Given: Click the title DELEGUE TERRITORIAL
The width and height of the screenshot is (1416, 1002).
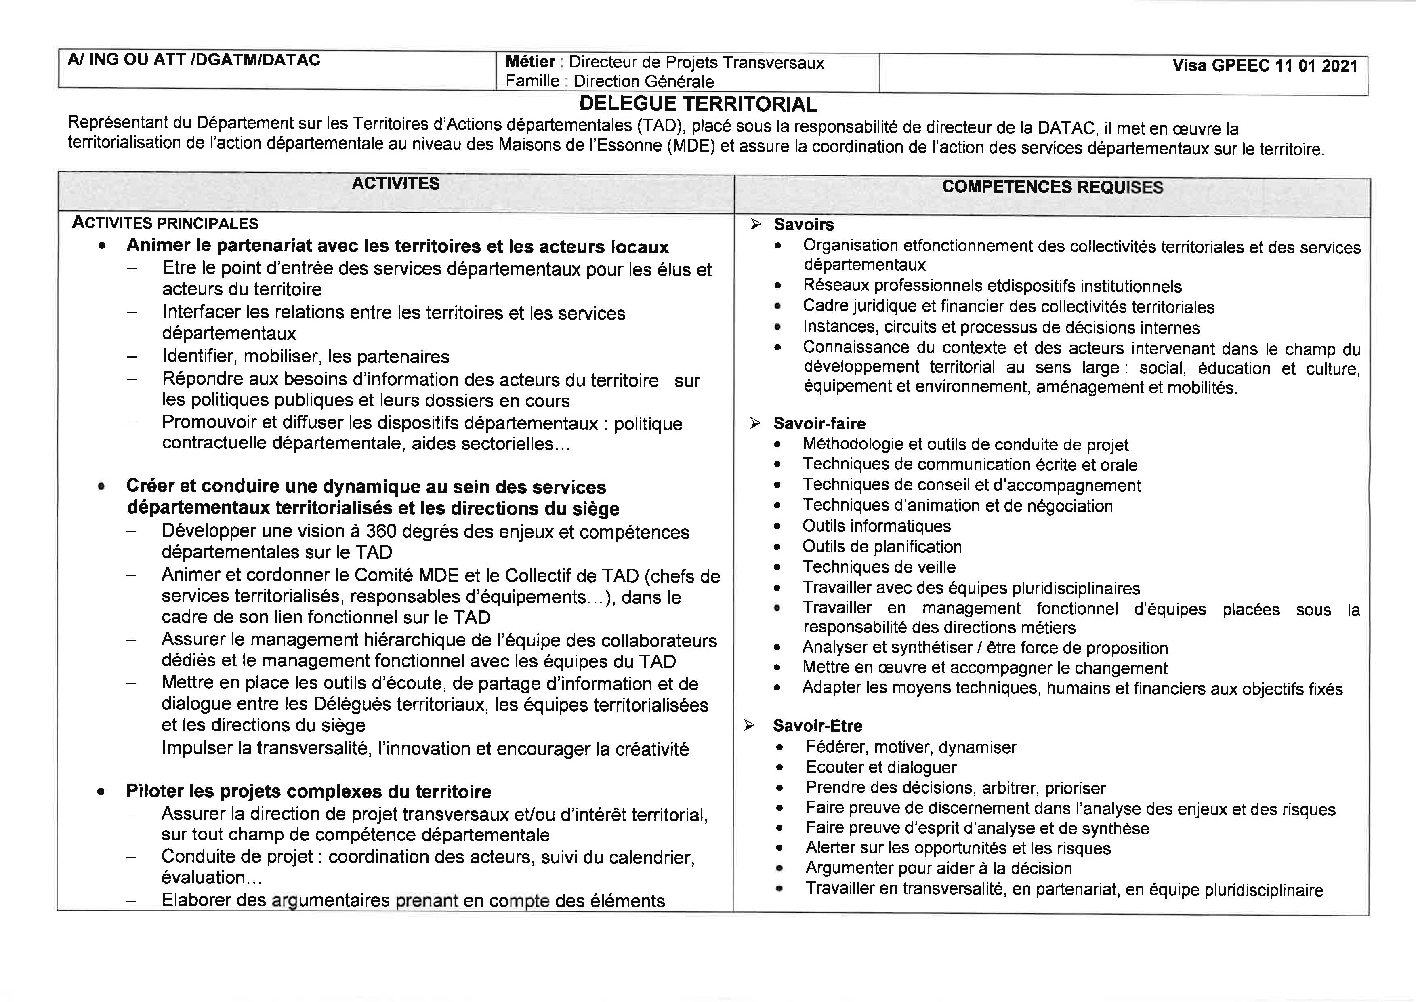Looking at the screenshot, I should pos(698,104).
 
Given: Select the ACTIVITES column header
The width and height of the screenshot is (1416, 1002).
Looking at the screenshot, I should pos(396,184).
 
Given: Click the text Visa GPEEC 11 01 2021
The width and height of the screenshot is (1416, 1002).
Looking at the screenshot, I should pos(1265,66).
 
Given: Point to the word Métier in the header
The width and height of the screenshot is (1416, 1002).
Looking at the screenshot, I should pos(530,62).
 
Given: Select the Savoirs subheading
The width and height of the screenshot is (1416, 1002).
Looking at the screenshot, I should pos(804,225).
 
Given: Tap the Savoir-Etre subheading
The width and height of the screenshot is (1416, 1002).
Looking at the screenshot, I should pos(817,726).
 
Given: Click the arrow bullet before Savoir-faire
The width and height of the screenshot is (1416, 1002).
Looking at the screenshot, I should pos(755,423).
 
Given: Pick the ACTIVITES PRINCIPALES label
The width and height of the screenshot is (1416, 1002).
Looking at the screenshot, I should pos(165,223).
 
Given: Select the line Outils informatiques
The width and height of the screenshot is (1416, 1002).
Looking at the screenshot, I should pos(876,526).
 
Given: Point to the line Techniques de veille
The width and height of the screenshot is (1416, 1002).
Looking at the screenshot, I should pos(879,567).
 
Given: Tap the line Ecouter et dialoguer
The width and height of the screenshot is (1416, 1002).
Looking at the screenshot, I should pos(881,768).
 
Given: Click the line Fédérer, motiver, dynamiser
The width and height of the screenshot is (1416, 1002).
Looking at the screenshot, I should pos(910,747).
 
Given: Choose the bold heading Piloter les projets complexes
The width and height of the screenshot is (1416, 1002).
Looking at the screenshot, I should pos(309,791).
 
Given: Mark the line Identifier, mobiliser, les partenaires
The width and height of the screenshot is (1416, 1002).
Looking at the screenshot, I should pos(305,357).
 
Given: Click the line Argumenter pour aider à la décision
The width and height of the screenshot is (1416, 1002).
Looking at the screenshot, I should pos(938,869).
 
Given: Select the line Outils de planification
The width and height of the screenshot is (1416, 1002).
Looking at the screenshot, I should pos(882,547).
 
